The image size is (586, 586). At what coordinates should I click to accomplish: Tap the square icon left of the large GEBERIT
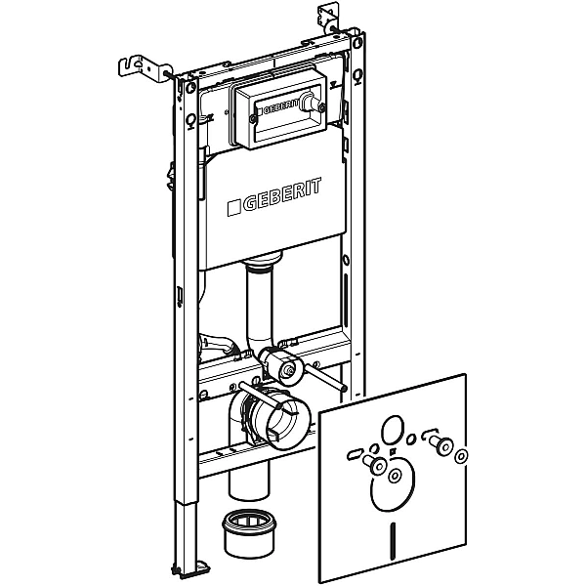(234, 208)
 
